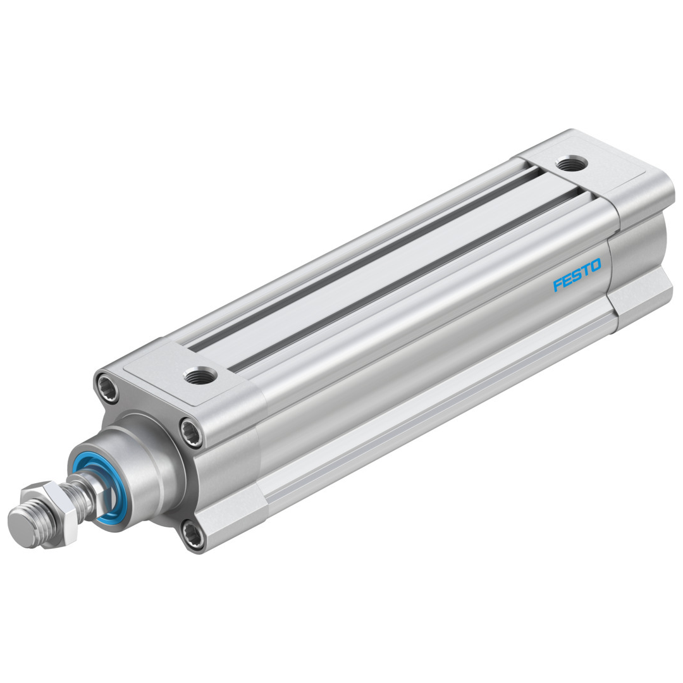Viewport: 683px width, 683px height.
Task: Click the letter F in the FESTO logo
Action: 558,285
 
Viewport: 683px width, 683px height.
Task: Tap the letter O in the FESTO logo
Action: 594,264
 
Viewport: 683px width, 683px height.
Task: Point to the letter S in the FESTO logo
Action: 575,275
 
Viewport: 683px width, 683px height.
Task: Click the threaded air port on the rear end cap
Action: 572,164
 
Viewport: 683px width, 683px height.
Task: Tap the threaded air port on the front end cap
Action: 200,375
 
